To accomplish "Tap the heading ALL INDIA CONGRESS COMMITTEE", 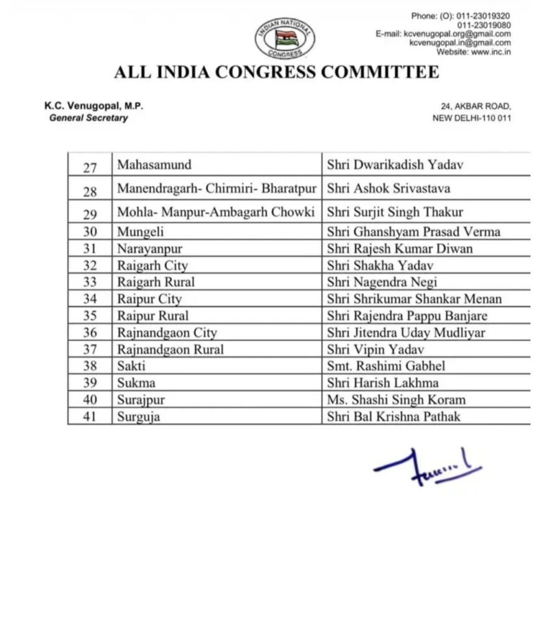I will [x=276, y=73].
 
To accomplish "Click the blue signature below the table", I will [x=427, y=466].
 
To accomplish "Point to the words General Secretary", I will [x=88, y=118].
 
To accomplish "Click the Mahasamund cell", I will [x=154, y=165].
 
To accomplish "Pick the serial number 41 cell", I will [x=90, y=417].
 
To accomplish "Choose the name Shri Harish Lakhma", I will [x=382, y=383].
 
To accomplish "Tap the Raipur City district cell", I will [x=149, y=299].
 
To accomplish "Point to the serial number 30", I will [x=90, y=232].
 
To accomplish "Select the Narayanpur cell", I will [x=150, y=249].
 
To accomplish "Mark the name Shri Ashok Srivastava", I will [x=388, y=188].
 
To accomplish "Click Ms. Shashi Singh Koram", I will [x=396, y=400].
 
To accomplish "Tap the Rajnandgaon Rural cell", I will [x=171, y=350].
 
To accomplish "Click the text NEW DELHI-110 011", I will [x=472, y=118].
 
